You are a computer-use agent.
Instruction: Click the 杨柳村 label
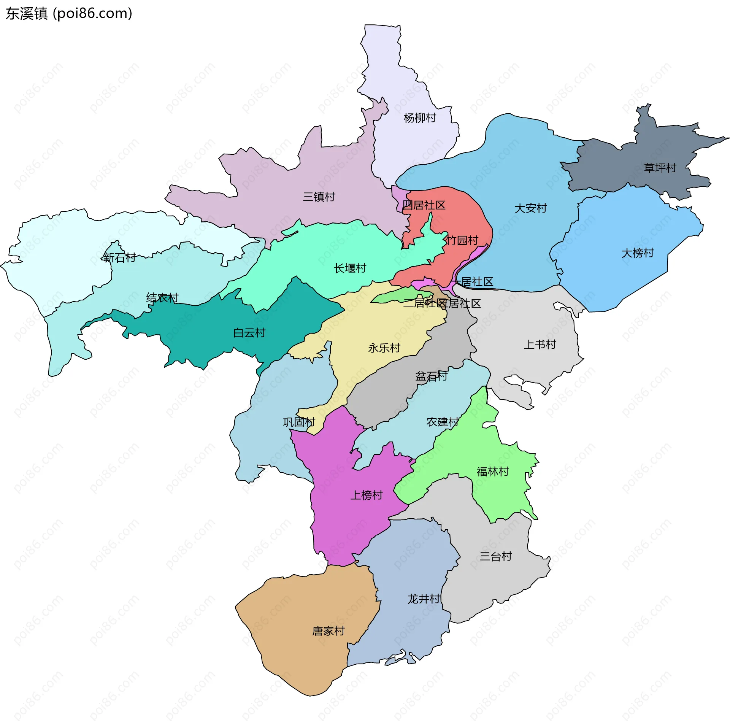420,118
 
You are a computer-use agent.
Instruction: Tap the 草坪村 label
660,168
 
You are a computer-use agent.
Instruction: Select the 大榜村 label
638,253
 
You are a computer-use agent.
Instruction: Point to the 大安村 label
530,208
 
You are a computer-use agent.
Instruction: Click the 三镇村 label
319,197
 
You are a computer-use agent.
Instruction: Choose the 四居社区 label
424,205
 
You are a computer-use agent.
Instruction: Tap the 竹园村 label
462,240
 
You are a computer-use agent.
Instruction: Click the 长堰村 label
350,268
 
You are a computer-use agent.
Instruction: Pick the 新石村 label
119,258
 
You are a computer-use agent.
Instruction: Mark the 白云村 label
249,333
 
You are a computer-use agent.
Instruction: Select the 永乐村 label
384,348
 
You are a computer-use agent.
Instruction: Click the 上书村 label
540,345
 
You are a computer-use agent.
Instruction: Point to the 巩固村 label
299,422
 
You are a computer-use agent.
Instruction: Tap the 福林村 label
493,472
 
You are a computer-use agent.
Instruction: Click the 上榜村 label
366,495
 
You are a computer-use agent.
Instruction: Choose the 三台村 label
495,556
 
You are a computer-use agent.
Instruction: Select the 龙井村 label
424,599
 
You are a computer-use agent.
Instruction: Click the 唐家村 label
328,631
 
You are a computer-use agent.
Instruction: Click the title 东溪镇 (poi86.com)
69,13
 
